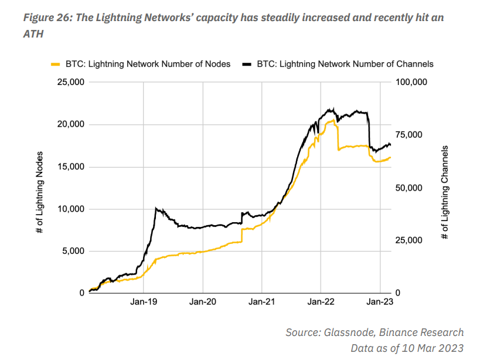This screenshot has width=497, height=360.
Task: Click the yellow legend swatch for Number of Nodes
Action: pos(56,64)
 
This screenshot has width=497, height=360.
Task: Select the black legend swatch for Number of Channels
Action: pos(247,64)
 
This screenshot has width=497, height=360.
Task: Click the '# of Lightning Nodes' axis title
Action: pos(40,193)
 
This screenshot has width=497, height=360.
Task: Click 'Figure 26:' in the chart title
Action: pos(49,18)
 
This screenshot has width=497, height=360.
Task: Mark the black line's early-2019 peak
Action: pos(155,208)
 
